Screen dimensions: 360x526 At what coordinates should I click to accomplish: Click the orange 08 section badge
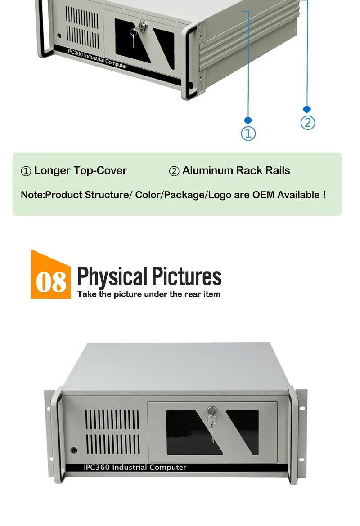(50, 275)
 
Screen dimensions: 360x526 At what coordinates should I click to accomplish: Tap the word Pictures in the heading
(186, 276)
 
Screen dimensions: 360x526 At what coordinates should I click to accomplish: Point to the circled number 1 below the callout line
(248, 134)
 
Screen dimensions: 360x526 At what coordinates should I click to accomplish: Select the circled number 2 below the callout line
(308, 123)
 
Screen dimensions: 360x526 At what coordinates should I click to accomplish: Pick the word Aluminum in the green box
(207, 171)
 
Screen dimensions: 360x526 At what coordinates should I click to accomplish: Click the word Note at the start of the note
(32, 195)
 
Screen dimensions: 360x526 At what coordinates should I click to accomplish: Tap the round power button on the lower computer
(73, 450)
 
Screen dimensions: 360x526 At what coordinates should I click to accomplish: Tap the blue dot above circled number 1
(248, 120)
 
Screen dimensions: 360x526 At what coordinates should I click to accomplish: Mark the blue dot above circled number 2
(307, 109)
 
